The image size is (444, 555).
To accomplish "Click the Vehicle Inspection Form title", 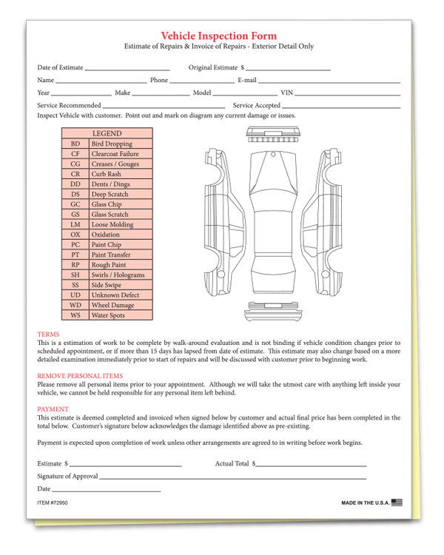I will (x=219, y=36).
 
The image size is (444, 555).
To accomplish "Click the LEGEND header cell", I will (x=107, y=133).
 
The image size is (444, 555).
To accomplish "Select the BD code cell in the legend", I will (x=75, y=144).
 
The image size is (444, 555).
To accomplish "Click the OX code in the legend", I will (x=75, y=235).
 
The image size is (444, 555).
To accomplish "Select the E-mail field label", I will (x=246, y=80).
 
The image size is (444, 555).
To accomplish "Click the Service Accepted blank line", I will (x=336, y=107).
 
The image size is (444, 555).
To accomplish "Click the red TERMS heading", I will (x=48, y=334).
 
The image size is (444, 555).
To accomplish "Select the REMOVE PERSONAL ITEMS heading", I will (x=80, y=376).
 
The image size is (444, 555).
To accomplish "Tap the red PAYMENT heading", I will (x=53, y=408).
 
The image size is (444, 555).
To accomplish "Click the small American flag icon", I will (x=397, y=502).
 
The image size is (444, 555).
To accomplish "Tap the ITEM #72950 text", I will (x=56, y=503).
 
